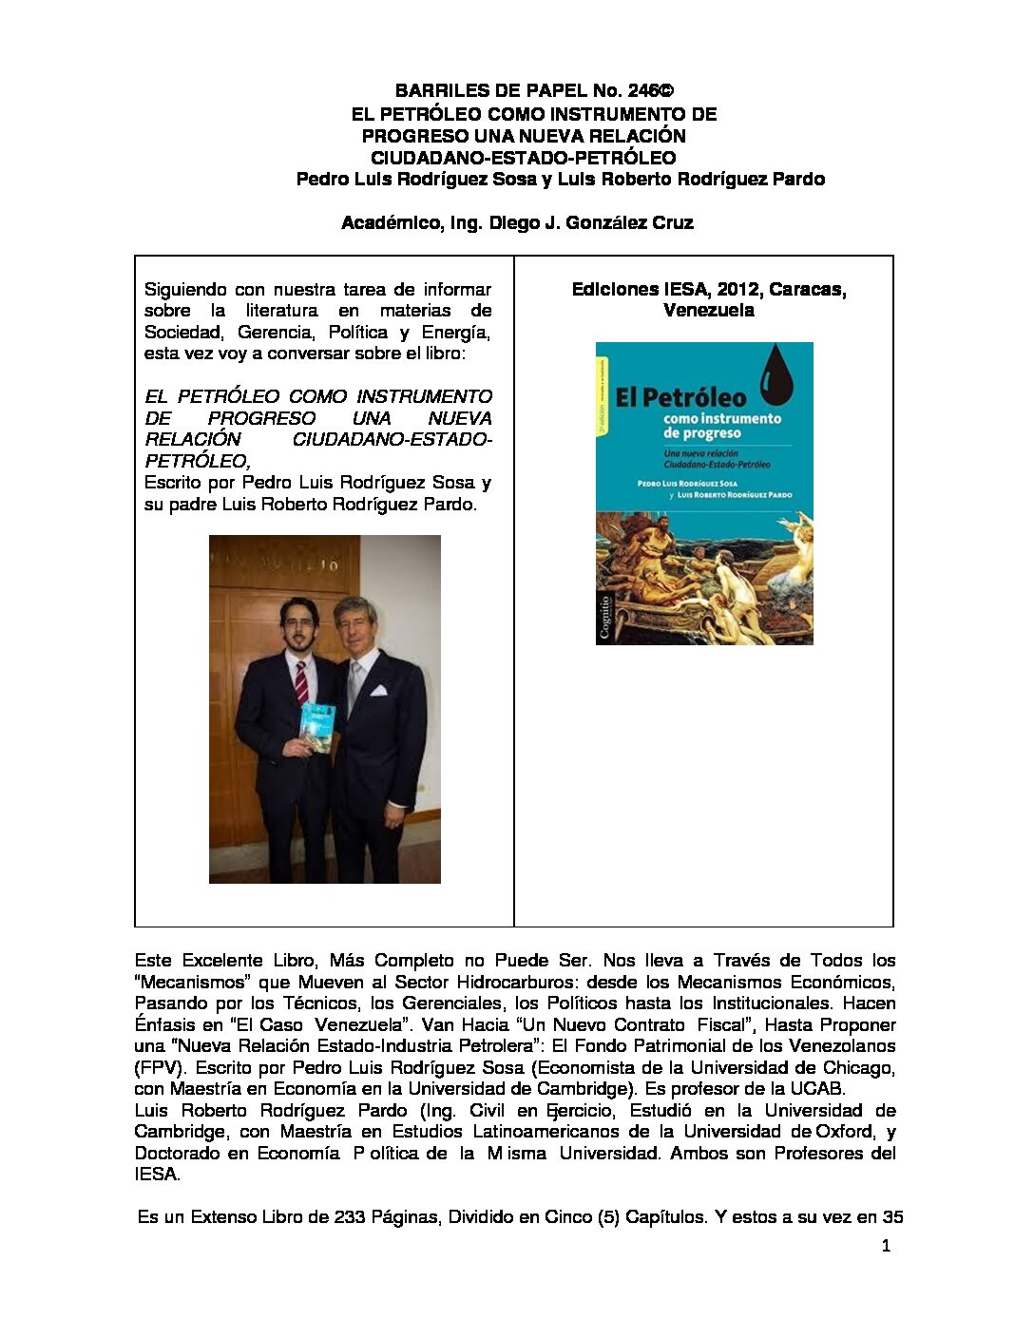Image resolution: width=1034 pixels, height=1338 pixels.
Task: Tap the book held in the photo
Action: pos(315,727)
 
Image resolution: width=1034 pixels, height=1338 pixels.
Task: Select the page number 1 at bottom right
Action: pos(886,1247)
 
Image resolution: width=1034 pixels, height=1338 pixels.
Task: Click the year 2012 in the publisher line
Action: pos(737,290)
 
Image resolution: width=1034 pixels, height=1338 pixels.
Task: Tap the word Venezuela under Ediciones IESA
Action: pos(709,311)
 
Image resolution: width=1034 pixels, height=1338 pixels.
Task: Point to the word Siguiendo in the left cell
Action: pos(185,290)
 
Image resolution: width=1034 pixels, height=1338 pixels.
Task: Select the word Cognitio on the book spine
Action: pos(605,614)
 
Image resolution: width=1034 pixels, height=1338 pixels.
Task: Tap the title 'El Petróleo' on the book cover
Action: pos(680,396)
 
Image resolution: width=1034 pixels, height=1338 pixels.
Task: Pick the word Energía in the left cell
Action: pos(455,333)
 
